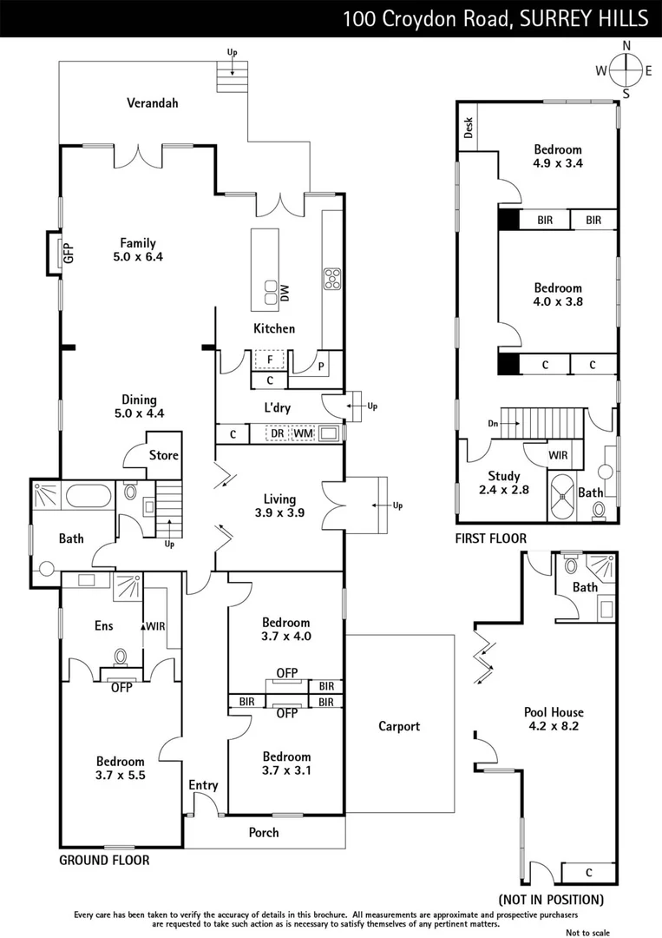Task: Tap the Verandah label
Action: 152,102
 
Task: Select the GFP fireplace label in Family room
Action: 68,254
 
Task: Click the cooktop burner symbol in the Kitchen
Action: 332,279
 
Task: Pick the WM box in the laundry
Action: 302,432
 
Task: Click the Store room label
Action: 163,455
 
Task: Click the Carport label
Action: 399,726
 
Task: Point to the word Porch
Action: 264,832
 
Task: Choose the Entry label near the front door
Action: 203,785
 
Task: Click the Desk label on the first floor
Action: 469,129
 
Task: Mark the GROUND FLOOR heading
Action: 104,861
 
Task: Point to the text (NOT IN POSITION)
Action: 550,900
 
